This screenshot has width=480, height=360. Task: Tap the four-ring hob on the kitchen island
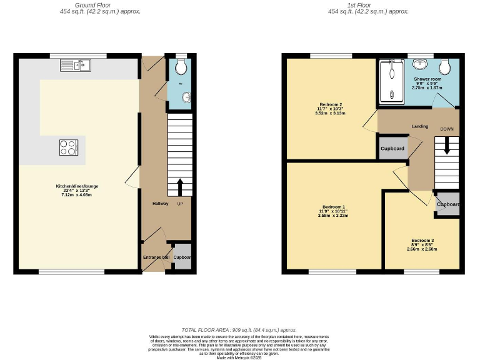(x=68, y=147)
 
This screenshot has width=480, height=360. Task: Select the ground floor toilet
(x=180, y=67)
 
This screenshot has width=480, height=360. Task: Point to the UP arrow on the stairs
(x=180, y=186)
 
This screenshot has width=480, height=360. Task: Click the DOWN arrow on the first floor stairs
(x=446, y=146)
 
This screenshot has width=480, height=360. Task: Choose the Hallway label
(x=161, y=204)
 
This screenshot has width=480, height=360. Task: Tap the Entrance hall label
(x=156, y=257)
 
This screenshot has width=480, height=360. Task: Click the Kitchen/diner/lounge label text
(x=77, y=186)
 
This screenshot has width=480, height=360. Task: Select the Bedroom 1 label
(x=333, y=207)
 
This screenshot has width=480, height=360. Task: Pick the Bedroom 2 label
(x=331, y=104)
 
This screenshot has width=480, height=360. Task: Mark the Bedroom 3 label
(x=423, y=240)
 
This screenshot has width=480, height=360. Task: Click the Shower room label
(x=427, y=79)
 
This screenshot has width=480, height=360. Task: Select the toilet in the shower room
(x=446, y=66)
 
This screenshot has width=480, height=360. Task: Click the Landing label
(x=419, y=126)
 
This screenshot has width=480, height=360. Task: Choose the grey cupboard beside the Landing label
(x=392, y=148)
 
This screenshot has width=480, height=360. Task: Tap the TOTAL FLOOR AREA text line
(x=239, y=330)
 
